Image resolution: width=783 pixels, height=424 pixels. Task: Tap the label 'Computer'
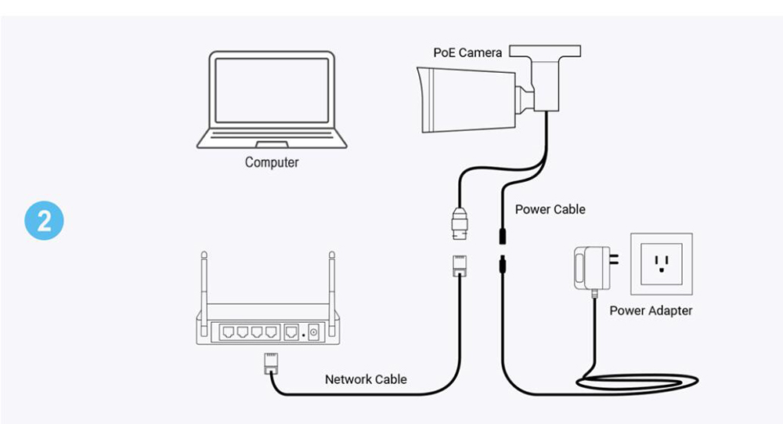272,163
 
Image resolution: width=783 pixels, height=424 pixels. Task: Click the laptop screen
272,88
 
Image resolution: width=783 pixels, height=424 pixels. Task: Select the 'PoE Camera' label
467,53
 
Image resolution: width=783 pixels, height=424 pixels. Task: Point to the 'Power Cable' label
550,210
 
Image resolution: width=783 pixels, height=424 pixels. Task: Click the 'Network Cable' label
366,379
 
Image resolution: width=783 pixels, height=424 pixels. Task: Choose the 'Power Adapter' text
651,310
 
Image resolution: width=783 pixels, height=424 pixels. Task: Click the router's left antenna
204,278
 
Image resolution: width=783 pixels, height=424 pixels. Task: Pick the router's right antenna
331,278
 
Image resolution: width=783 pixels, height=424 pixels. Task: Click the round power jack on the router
313,332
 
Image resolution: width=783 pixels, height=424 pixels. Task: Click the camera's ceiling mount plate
546,51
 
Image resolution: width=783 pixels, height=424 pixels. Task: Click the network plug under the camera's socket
459,264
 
